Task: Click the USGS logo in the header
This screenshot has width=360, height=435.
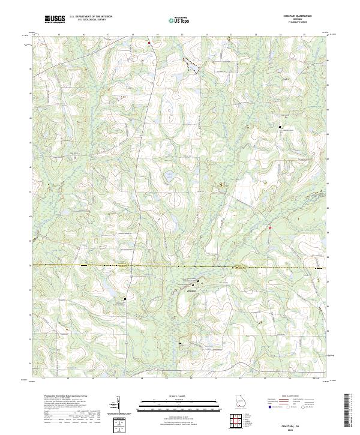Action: click(55, 20)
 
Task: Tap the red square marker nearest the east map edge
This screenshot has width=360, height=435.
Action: click(270, 227)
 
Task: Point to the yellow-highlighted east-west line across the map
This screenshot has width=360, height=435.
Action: click(180, 266)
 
